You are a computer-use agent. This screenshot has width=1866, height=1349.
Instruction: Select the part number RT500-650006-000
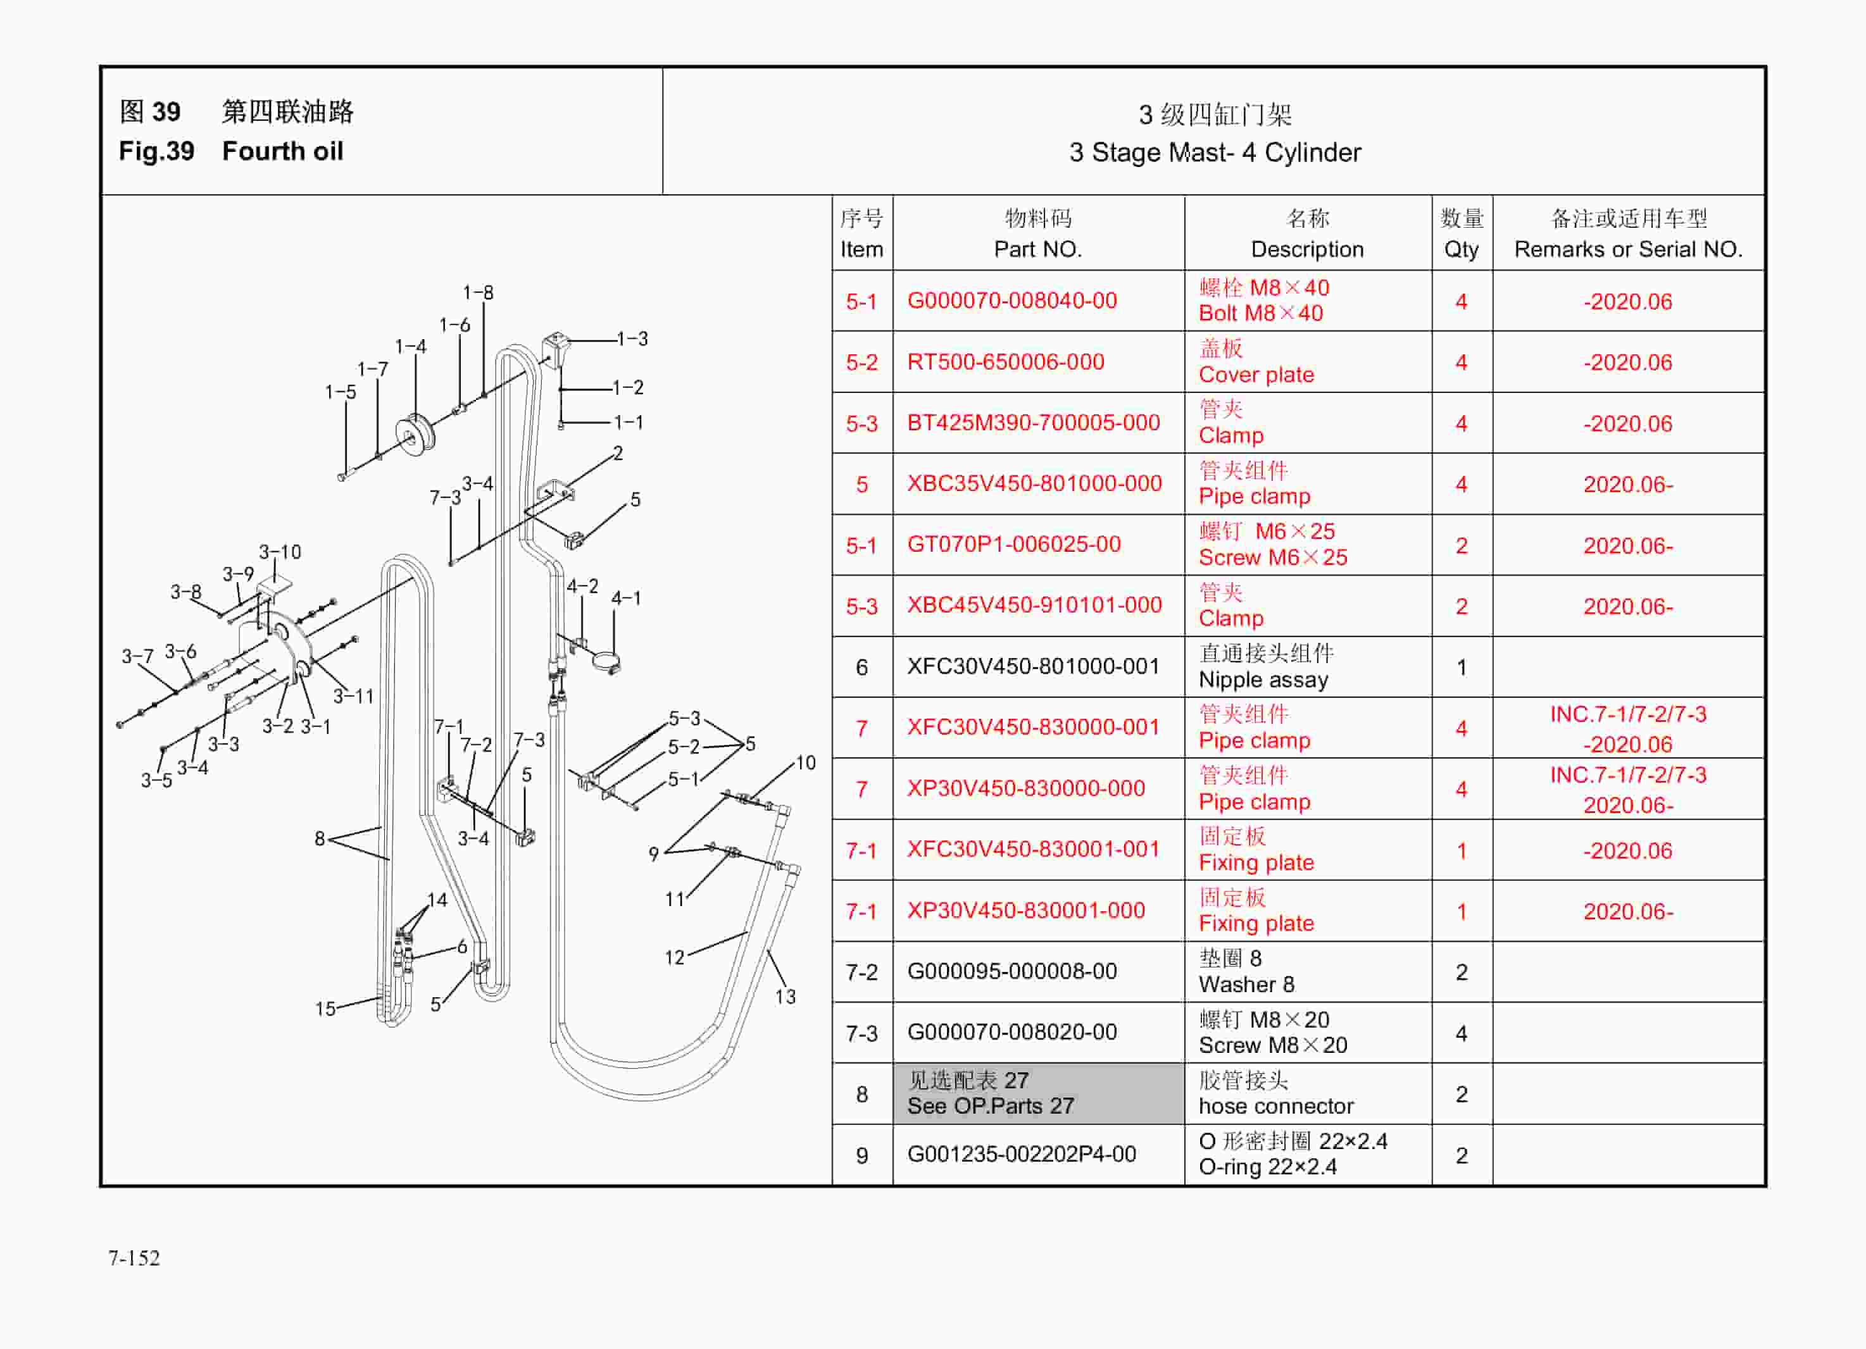[x=1005, y=362]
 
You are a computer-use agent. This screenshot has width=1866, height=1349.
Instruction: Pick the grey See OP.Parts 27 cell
[x=1037, y=1093]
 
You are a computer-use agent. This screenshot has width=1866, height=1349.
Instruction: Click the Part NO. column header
[x=1037, y=249]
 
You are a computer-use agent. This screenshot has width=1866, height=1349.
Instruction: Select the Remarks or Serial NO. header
[x=1627, y=249]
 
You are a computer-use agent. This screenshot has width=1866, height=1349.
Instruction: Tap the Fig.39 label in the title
[x=156, y=151]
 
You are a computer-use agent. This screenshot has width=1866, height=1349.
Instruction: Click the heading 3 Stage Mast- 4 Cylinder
[x=1215, y=152]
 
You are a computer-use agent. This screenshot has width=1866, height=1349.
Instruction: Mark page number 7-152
[x=134, y=1258]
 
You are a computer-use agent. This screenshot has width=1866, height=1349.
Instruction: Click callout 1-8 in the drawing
[x=478, y=293]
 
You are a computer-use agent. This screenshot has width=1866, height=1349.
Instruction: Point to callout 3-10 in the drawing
[x=280, y=552]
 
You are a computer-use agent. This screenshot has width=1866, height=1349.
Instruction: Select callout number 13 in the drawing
[x=785, y=997]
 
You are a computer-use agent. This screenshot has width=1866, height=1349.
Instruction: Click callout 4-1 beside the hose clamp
[x=625, y=598]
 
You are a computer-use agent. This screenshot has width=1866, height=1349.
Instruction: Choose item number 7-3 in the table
[x=861, y=1033]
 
